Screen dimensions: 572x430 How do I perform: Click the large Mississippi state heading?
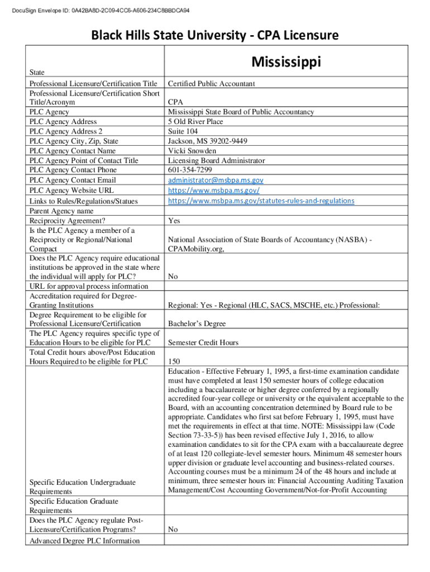pos(286,61)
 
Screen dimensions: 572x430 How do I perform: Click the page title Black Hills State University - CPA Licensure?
pos(214,36)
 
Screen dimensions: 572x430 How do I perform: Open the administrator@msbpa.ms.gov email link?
pos(216,180)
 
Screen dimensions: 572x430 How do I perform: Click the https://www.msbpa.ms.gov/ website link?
pos(214,190)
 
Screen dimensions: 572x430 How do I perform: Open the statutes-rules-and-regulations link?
pos(261,200)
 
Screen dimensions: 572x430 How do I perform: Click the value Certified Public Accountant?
pos(211,83)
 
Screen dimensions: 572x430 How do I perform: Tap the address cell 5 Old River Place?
pos(195,121)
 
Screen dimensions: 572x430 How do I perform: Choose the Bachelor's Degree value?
pos(197,324)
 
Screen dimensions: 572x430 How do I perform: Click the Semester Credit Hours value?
pos(203,342)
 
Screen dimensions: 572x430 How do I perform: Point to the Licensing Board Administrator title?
pos(216,160)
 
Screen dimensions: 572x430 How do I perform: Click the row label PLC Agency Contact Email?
pos(73,180)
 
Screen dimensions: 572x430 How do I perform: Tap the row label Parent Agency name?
pos(61,211)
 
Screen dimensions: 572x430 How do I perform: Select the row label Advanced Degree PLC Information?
pos(84,541)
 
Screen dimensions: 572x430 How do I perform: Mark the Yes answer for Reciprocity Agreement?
pos(174,221)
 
